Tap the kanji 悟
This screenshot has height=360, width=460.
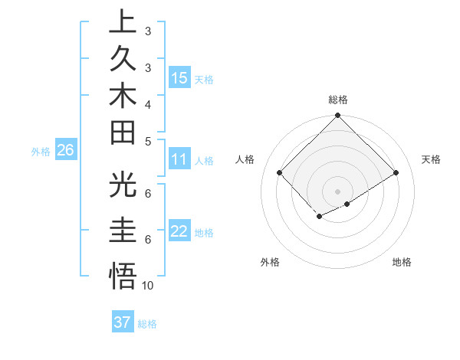[123, 275]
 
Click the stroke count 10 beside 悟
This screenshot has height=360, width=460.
[148, 285]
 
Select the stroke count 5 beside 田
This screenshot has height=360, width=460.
[148, 142]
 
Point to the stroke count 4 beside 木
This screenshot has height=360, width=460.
[148, 103]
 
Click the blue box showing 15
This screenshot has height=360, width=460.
[179, 78]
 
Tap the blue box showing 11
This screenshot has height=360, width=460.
[179, 160]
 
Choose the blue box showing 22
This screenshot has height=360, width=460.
[179, 232]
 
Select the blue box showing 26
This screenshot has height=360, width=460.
[65, 151]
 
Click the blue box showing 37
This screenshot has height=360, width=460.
[123, 322]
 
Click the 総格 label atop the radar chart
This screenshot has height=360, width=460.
[338, 100]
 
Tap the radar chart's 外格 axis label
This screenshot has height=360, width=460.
[270, 262]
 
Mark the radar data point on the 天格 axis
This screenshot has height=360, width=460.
[396, 173]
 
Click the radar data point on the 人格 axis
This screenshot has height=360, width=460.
[280, 173]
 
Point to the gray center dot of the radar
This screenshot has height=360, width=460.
[338, 191]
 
